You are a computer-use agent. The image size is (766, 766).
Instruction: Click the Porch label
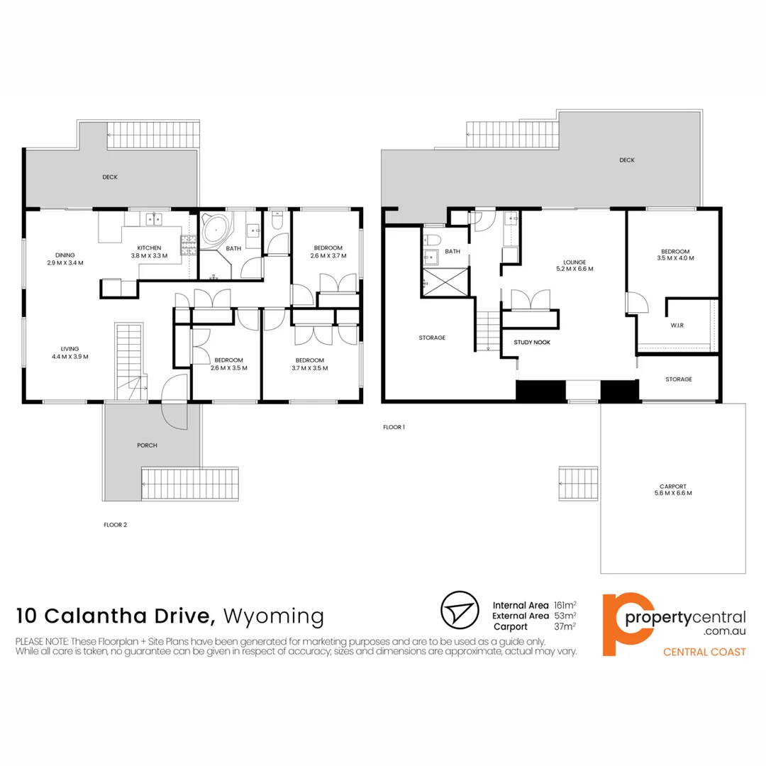pos(147,445)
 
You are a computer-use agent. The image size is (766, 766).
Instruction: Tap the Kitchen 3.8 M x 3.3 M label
pos(149,252)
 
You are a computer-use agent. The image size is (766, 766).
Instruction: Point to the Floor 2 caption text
pos(116,525)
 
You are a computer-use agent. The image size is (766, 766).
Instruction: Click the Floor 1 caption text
pos(394,428)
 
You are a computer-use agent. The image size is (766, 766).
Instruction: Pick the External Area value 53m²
pos(565,616)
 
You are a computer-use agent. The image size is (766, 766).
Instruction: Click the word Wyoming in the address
pos(273,615)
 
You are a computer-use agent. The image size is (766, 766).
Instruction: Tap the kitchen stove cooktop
pos(189,246)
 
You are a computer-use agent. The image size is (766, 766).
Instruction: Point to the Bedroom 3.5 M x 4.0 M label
pos(675,255)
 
